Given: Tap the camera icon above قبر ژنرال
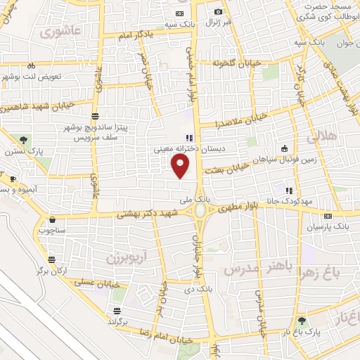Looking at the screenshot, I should click(218, 12).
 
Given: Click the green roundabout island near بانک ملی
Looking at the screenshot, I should click(200, 210).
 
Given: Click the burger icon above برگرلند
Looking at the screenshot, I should click(116, 310).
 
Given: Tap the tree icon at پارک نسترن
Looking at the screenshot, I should click(24, 139).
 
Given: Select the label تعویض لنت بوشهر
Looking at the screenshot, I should click(32, 75).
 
